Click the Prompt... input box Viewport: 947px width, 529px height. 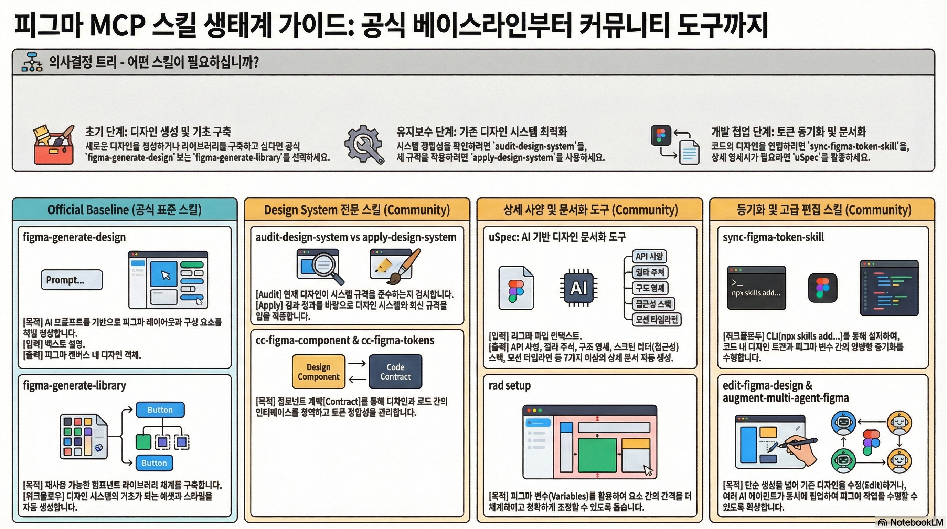click(x=72, y=280)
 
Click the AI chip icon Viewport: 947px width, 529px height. click(x=578, y=288)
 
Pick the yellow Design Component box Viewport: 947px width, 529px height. click(x=318, y=372)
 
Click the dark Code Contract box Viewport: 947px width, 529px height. click(x=395, y=372)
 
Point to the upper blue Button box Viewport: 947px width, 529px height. click(x=160, y=410)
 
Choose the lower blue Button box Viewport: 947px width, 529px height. click(x=154, y=463)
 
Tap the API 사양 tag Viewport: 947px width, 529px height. click(x=649, y=257)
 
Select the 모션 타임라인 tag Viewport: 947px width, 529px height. click(x=657, y=319)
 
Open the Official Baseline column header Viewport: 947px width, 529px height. click(x=124, y=210)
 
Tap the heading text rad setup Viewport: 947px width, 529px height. click(x=510, y=385)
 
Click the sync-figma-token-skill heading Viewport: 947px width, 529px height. click(x=773, y=237)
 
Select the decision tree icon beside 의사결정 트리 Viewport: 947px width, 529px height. click(x=32, y=62)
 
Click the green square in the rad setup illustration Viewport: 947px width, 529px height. click(x=597, y=455)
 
